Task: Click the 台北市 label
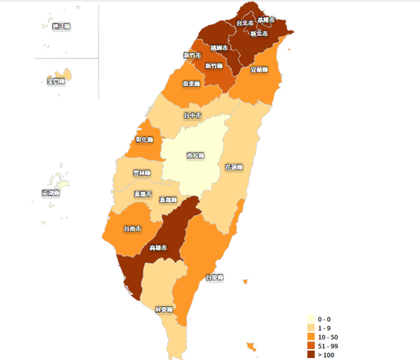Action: click(x=245, y=23)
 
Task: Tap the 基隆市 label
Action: click(x=266, y=20)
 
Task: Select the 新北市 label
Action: click(x=259, y=33)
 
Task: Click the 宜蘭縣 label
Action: click(x=259, y=69)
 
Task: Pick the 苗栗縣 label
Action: click(x=191, y=83)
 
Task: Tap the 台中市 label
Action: click(x=192, y=115)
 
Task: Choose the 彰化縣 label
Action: click(x=144, y=139)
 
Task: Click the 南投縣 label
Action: click(x=195, y=156)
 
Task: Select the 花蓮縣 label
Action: click(x=234, y=167)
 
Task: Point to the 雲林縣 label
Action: click(x=141, y=173)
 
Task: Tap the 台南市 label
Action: click(x=133, y=228)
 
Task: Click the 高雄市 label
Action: click(x=158, y=247)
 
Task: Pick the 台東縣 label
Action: click(x=214, y=277)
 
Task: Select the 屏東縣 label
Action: click(x=164, y=309)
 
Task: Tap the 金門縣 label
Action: click(x=56, y=81)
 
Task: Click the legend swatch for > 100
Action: click(x=311, y=355)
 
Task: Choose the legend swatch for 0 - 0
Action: click(x=311, y=319)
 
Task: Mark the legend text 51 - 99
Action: click(x=328, y=346)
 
